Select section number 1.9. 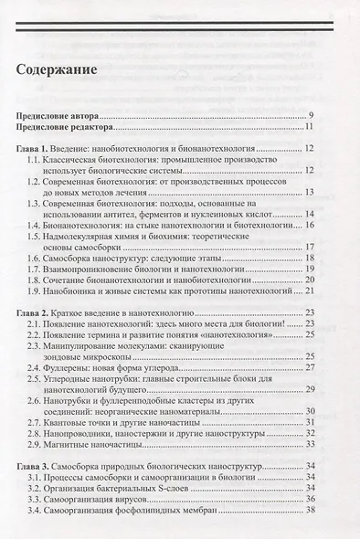(x=36, y=290)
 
